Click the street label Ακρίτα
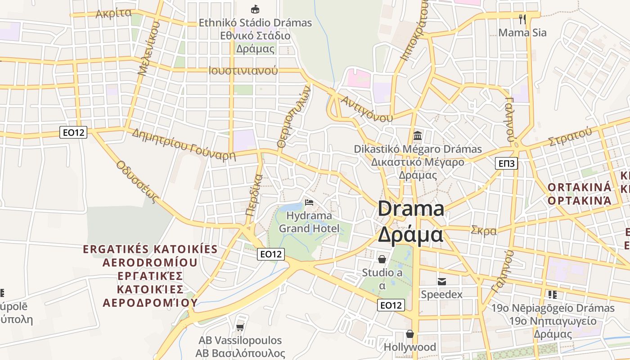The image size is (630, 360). (x=113, y=14)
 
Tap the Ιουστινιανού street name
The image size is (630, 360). (x=243, y=71)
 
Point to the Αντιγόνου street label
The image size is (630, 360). (x=367, y=108)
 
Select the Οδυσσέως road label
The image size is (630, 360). (x=138, y=181)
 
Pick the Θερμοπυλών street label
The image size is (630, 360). (x=294, y=117)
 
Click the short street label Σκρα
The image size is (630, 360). (x=484, y=231)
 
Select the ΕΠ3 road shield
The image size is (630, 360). (x=506, y=163)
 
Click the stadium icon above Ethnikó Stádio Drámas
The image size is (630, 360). (x=255, y=9)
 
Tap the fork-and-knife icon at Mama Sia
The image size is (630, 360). (x=522, y=19)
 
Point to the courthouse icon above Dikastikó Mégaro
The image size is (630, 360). (x=418, y=135)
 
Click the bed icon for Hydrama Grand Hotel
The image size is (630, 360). (x=309, y=202)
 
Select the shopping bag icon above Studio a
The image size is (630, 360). (x=382, y=259)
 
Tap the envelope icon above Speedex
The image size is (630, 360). (x=441, y=282)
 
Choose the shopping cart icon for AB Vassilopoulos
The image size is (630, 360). (x=240, y=327)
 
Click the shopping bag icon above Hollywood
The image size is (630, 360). (x=409, y=334)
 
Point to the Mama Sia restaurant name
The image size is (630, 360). (x=522, y=32)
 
